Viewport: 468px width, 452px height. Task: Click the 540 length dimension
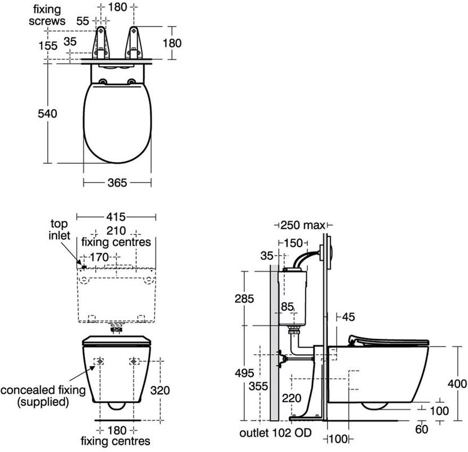[x=47, y=114]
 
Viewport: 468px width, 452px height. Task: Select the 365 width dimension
[x=117, y=182]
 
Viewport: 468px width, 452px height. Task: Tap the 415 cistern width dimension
[x=116, y=217]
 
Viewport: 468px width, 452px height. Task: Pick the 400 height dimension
[x=457, y=384]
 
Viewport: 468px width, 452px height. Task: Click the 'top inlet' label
[x=60, y=229]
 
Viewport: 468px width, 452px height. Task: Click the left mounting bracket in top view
[x=101, y=42]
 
